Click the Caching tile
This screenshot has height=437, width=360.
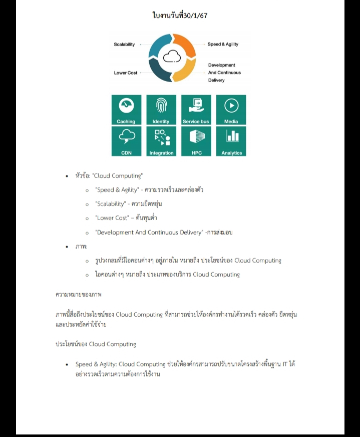coord(126,110)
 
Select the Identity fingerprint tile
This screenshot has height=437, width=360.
coord(161,110)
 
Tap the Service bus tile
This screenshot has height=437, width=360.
coord(196,110)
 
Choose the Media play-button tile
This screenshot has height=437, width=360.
coord(231,110)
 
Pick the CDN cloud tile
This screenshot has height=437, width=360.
coord(126,141)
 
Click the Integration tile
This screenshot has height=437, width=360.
coord(161,141)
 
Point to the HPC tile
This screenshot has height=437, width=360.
coord(196,141)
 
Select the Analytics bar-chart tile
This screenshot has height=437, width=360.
coord(231,141)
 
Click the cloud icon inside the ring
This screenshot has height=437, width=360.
coord(172,57)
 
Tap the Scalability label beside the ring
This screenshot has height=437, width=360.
coord(124,45)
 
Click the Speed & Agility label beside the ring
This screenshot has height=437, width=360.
coord(223,45)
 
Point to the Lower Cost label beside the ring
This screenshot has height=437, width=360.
coord(126,73)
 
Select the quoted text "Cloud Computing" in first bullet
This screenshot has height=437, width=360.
coord(118,176)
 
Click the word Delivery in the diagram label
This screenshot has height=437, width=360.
coord(216,80)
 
